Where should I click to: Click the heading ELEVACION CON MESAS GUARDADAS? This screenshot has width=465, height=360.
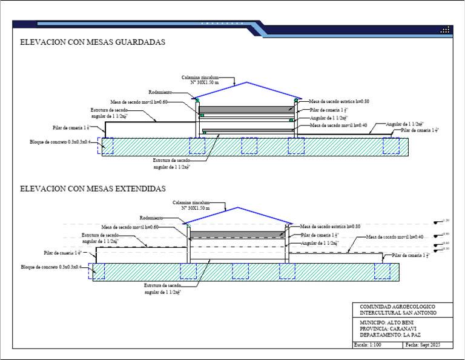click(93, 43)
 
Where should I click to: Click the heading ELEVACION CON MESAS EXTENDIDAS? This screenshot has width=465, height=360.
click(93, 189)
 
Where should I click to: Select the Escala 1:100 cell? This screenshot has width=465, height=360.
click(368, 345)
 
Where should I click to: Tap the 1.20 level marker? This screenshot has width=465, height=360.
click(445, 221)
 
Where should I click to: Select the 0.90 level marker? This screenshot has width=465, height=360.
click(445, 234)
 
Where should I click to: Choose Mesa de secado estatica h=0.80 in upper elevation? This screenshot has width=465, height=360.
click(338, 101)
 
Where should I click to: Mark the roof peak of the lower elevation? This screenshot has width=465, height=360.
click(238, 207)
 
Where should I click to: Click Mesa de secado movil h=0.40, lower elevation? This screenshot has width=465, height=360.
click(394, 237)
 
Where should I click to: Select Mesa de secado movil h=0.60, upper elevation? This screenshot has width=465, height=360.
click(139, 102)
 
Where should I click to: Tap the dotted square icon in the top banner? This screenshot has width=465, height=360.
click(445, 30)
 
